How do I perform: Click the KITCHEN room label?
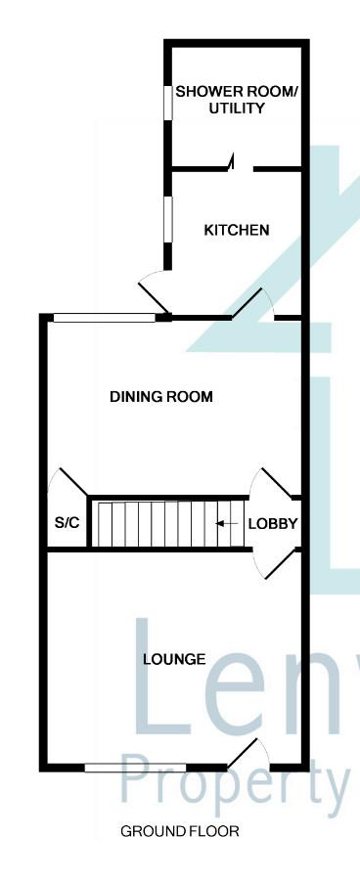[x=237, y=230]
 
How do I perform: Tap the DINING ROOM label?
[x=161, y=397]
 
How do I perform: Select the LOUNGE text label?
[x=174, y=659]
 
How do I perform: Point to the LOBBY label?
[x=273, y=524]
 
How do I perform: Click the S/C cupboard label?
[x=67, y=523]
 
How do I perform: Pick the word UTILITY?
[x=237, y=109]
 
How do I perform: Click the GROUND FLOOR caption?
[x=180, y=831]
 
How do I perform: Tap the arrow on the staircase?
[x=227, y=524]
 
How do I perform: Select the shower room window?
[x=167, y=102]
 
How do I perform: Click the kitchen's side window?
[x=167, y=219]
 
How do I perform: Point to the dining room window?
[x=105, y=318]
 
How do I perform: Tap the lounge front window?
[x=135, y=768]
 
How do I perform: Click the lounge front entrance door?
[x=242, y=753]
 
